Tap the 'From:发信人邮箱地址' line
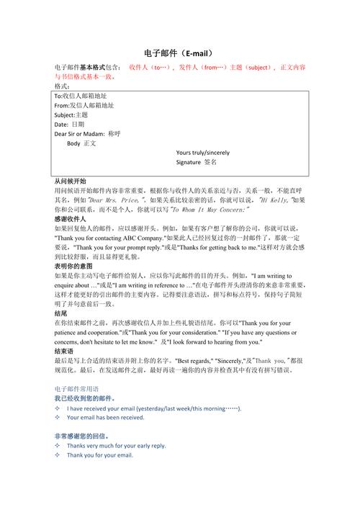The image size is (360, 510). [x=84, y=105]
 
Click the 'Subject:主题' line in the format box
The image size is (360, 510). [x=71, y=115]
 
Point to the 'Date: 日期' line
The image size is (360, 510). [x=69, y=124]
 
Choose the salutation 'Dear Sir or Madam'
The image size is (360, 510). [x=79, y=134]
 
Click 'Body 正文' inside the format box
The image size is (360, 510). [x=81, y=143]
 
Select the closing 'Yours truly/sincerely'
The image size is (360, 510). [x=202, y=153]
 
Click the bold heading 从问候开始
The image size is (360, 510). [x=71, y=181]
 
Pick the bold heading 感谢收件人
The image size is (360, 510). [x=71, y=218]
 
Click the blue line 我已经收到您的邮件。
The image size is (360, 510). [x=85, y=398]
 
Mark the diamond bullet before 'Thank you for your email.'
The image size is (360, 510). [x=58, y=455]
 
